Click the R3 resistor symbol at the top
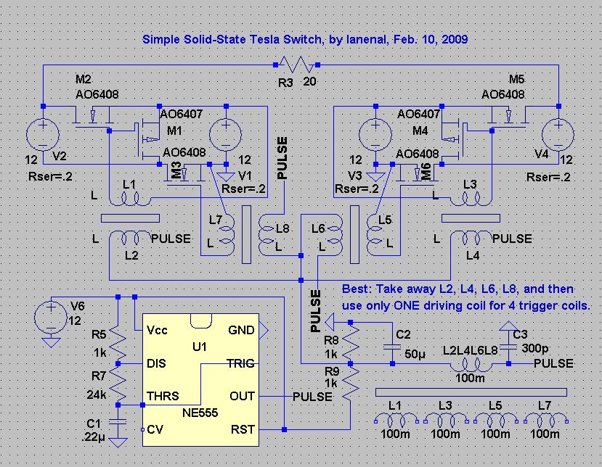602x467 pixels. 296,65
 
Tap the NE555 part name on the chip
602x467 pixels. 200,413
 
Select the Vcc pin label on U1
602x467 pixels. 157,331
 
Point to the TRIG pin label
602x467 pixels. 240,363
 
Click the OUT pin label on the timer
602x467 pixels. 242,396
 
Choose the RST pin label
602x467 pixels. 243,429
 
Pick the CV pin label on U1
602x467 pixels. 155,429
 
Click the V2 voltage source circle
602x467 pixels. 43,135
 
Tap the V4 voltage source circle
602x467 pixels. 558,135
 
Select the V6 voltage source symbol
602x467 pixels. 51,318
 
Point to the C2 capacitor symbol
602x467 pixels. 392,347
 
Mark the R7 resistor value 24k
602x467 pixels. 97,394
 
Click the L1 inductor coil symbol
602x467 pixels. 129,199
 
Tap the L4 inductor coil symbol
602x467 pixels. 471,238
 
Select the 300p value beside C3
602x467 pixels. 535,348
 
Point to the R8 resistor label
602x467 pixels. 331,340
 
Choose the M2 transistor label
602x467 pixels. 84,79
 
